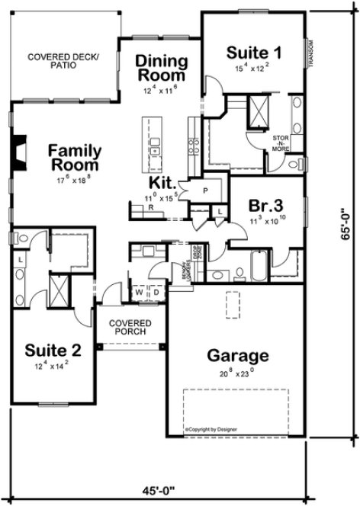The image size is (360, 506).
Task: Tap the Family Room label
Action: coord(74,157)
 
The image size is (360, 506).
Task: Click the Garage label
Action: coord(238,355)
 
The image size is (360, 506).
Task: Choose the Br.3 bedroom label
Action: coord(266,206)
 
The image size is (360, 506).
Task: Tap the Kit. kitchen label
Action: coord(165,184)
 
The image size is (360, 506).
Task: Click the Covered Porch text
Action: coord(130,328)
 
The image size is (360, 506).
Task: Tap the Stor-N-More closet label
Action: coord(281,143)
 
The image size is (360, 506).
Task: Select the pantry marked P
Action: coord(205,189)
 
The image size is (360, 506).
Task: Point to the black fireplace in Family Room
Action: coord(21,150)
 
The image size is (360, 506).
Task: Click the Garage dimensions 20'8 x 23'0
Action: coord(236,373)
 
